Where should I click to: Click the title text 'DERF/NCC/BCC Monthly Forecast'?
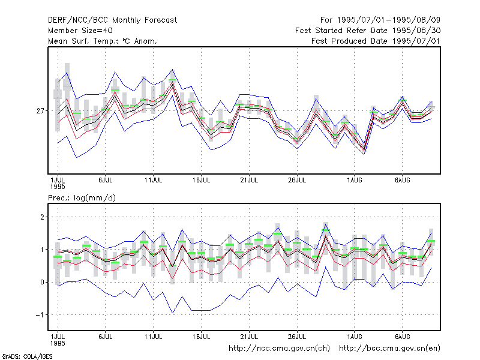pyautogui.click(x=112, y=20)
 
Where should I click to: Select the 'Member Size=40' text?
pyautogui.click(x=80, y=31)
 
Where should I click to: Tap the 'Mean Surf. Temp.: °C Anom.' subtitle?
pyautogui.click(x=102, y=41)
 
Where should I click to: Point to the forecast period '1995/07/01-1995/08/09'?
pyautogui.click(x=388, y=20)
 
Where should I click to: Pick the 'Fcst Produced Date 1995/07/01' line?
pyautogui.click(x=376, y=41)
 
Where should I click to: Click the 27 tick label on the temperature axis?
pyautogui.click(x=40, y=111)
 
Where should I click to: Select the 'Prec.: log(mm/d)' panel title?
pyautogui.click(x=82, y=198)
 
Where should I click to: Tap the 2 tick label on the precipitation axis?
pyautogui.click(x=42, y=217)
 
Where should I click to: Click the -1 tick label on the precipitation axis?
pyautogui.click(x=40, y=314)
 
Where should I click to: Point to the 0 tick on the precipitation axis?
pyautogui.click(x=42, y=282)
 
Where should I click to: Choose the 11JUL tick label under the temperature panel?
pyautogui.click(x=154, y=180)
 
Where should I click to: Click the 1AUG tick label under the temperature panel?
pyautogui.click(x=355, y=180)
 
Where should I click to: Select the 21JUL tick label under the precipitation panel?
pyautogui.click(x=249, y=337)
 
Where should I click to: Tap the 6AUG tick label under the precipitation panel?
pyautogui.click(x=402, y=337)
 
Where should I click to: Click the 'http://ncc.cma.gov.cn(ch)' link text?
pyautogui.click(x=279, y=349)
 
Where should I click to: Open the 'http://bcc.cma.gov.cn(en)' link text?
pyautogui.click(x=389, y=349)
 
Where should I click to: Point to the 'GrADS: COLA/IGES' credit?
pyautogui.click(x=27, y=356)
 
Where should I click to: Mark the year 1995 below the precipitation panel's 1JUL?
pyautogui.click(x=58, y=343)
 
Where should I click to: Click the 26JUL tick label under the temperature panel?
pyautogui.click(x=297, y=180)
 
